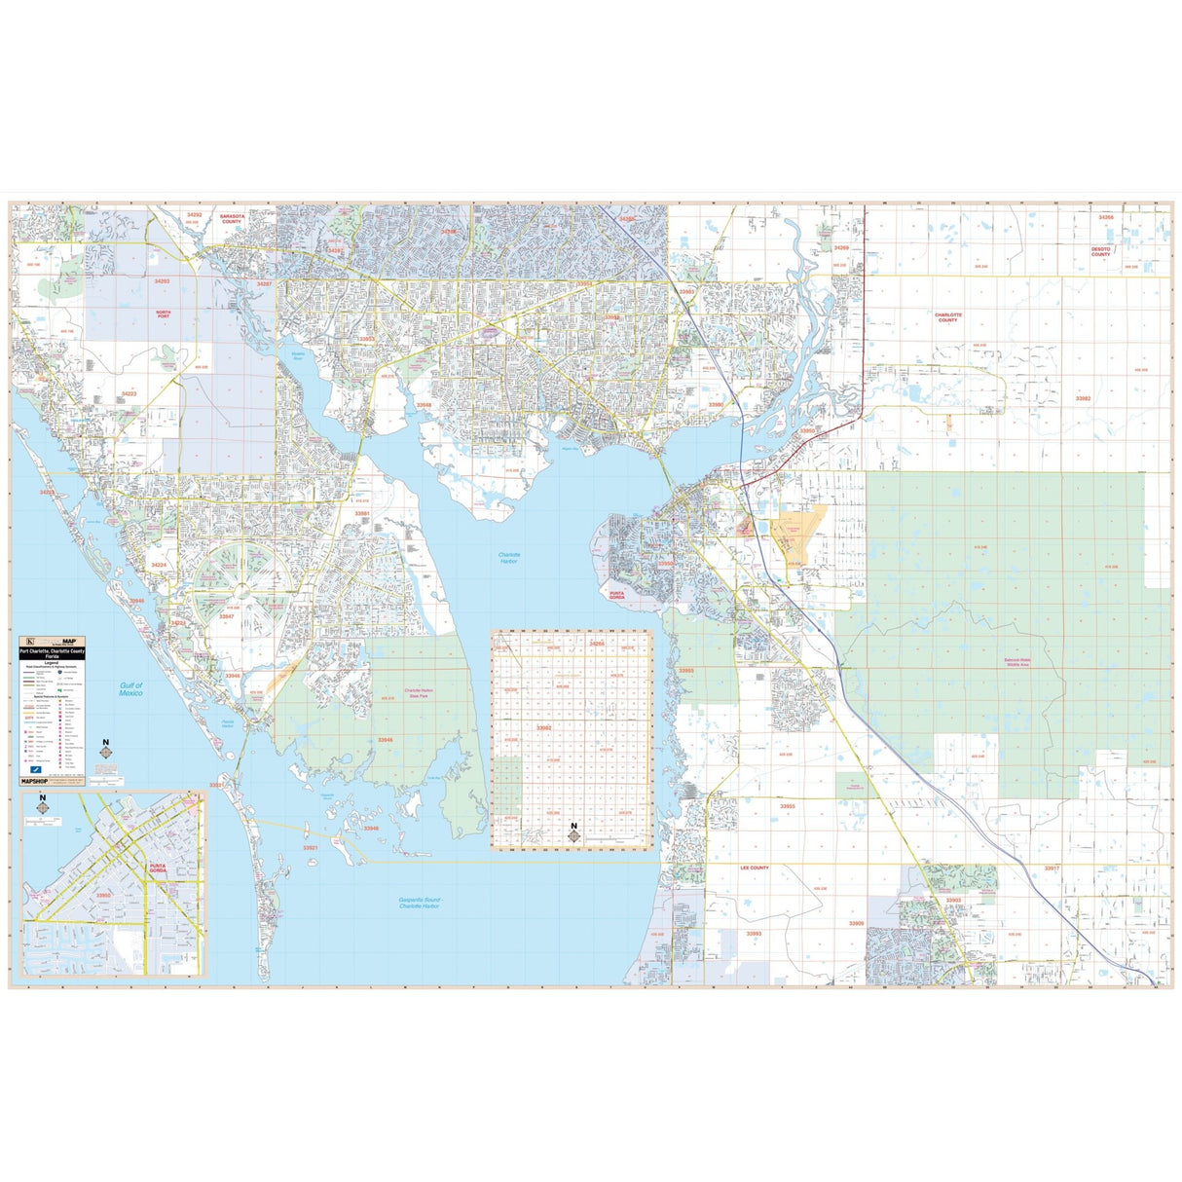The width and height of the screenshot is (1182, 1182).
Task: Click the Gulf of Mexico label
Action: coord(131,689)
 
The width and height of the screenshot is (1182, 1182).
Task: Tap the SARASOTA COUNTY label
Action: coord(231,218)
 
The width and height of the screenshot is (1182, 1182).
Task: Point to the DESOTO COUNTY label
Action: coord(1100,251)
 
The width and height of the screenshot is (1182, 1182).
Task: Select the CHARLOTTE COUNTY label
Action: coord(947,317)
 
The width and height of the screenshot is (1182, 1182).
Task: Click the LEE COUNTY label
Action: coord(755,868)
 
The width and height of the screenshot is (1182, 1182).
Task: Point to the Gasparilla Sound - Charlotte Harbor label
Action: coord(420,903)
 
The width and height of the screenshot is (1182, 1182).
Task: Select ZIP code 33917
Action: coord(1052,868)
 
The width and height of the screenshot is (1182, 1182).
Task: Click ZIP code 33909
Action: coord(856,923)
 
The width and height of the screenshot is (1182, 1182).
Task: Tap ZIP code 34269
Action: coord(840,248)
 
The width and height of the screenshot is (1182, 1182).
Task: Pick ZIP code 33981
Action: coord(362,513)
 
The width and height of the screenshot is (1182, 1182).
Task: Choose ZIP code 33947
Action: coord(226,616)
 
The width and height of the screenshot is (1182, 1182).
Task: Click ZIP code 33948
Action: coord(424,404)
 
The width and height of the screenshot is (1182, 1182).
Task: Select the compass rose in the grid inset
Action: coord(574,832)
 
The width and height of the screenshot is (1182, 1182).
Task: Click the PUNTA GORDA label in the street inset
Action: coord(158,868)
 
